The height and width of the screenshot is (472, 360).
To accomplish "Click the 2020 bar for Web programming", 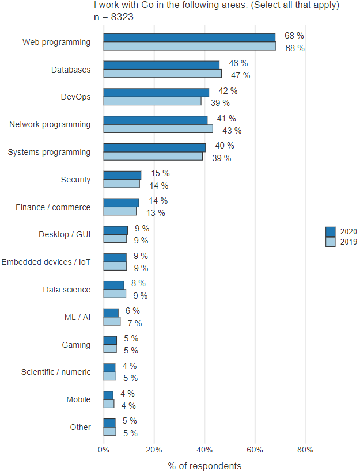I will [x=190, y=37].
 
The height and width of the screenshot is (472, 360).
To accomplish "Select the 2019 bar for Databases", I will [x=162, y=74].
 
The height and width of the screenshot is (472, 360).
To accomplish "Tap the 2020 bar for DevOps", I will [x=156, y=93].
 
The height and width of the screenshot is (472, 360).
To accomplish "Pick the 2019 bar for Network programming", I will [x=158, y=129].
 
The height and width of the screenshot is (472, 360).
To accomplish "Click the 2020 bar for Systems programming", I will [x=154, y=147].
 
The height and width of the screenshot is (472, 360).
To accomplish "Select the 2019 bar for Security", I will [x=122, y=184].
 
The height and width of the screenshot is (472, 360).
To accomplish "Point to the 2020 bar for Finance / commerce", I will [x=121, y=203].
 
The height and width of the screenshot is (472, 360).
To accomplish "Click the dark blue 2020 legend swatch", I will [x=330, y=231].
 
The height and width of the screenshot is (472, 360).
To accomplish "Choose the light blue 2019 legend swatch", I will [x=330, y=242].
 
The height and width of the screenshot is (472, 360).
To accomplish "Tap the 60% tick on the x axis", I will [x=255, y=450].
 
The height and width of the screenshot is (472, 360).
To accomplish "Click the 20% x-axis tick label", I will [x=154, y=450].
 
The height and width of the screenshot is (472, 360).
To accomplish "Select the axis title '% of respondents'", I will [x=204, y=465].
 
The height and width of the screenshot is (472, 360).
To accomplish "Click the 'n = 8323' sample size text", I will [x=114, y=17].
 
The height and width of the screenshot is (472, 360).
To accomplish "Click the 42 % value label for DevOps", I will [x=228, y=91].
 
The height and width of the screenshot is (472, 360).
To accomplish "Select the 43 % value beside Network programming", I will [x=232, y=131].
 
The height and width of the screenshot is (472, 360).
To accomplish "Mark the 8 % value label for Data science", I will [x=138, y=283].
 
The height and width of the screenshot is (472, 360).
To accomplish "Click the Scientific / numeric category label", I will [x=56, y=372].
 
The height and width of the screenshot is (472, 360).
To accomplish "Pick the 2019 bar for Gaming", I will [x=110, y=349].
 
